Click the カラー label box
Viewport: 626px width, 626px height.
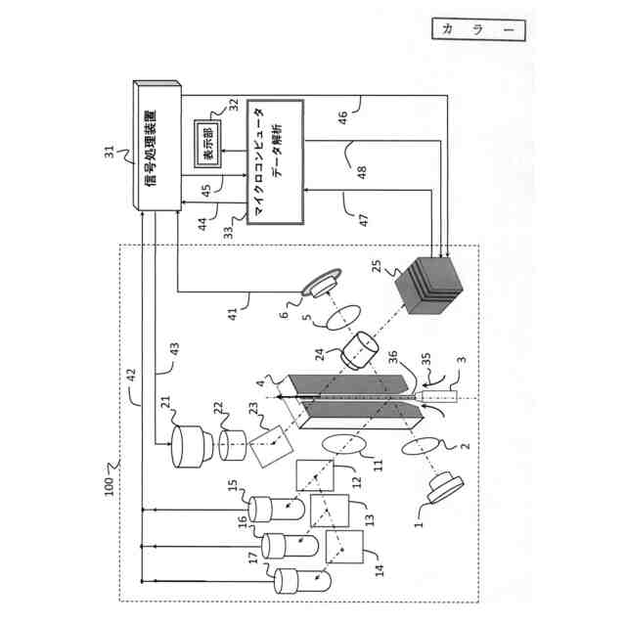click(x=478, y=29)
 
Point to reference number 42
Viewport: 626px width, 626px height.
click(x=129, y=375)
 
